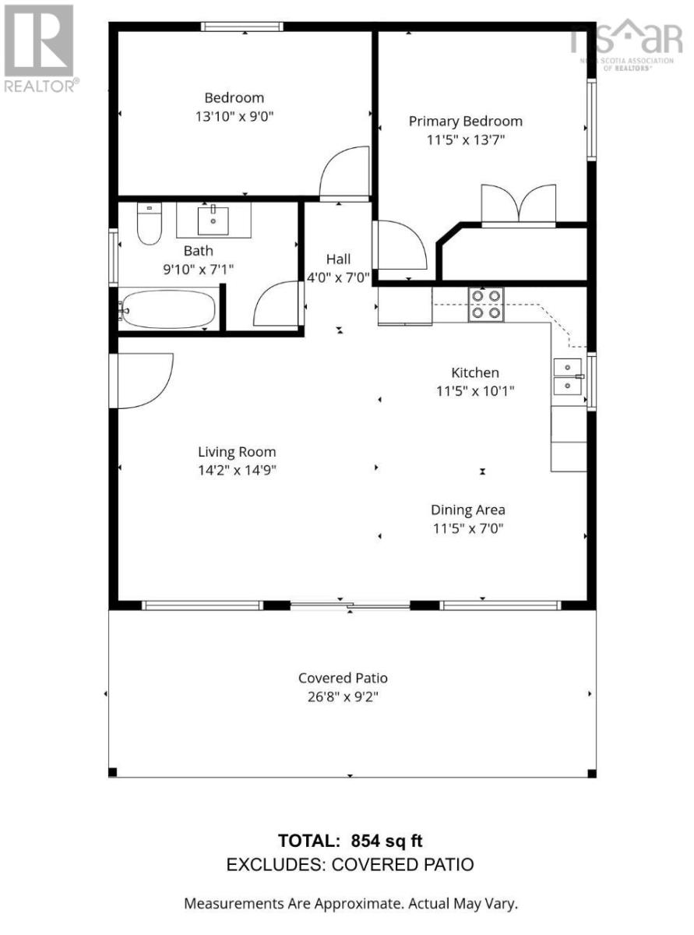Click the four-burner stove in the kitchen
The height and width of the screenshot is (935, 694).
pyautogui.click(x=485, y=304)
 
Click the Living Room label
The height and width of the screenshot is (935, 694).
pyautogui.click(x=237, y=452)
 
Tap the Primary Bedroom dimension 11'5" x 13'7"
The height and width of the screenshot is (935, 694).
pyautogui.click(x=465, y=140)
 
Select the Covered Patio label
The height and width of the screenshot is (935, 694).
pyautogui.click(x=343, y=678)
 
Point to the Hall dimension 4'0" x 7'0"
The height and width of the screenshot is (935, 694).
pyautogui.click(x=338, y=278)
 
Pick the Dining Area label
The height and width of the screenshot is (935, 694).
pyautogui.click(x=468, y=510)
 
